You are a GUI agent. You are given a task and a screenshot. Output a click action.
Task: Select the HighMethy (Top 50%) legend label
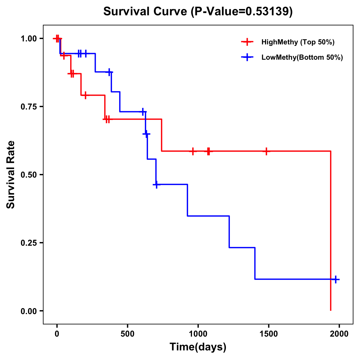coord(298,42)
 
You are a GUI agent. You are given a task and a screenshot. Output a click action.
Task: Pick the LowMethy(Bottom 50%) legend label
coord(302,58)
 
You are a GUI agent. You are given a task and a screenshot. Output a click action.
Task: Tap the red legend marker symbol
coord(247,42)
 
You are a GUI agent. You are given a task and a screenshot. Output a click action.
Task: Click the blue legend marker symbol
coord(247,58)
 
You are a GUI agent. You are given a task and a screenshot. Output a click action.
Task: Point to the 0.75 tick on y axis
coord(28,106)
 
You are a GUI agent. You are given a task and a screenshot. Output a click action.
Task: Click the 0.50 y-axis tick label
coord(28,175)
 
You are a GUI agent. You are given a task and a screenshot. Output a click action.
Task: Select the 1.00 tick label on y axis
coord(28,38)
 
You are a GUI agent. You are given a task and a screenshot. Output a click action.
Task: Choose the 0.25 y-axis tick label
coord(28,243)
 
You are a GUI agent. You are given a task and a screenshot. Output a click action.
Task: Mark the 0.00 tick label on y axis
coord(28,311)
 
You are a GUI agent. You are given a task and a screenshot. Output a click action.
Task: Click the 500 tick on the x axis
coord(127,333)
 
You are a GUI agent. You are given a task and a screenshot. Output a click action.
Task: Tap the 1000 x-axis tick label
coord(198,333)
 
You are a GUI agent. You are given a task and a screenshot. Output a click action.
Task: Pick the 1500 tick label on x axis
coord(268,333)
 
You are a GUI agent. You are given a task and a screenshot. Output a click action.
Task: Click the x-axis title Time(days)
coord(198,347)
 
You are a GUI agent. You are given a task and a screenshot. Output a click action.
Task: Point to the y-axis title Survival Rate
coord(11,175)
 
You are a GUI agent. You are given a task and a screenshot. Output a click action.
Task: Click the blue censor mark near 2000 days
coord(336,279)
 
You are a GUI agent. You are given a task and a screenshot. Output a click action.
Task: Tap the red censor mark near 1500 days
coord(266,151)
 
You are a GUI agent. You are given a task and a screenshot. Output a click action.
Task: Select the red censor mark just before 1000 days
coord(193,151)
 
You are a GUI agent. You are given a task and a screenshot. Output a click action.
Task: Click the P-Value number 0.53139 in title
coord(268,11)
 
